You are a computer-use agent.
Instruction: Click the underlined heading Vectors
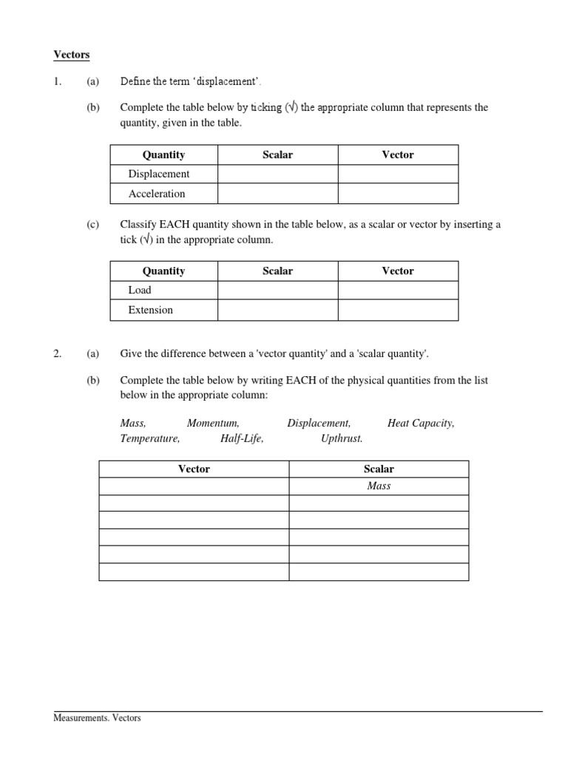(72, 55)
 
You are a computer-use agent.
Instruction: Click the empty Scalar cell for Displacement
(277, 174)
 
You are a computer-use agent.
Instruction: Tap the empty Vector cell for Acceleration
(398, 194)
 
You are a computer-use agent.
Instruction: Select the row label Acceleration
(157, 194)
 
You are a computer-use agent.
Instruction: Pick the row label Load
(140, 291)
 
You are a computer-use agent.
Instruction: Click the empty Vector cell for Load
(398, 291)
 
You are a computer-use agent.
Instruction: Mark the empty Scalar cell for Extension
(277, 310)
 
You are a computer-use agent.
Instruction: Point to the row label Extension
(151, 310)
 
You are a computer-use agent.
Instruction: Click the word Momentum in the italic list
(213, 424)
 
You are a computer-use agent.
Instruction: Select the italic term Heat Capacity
(421, 424)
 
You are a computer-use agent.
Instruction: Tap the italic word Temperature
(149, 438)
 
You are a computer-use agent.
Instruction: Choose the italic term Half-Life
(242, 438)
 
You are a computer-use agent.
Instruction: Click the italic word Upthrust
(342, 438)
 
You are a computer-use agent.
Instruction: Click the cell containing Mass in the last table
(379, 486)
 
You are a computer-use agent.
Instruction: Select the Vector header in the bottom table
(194, 469)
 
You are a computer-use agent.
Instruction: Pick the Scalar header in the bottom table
(379, 469)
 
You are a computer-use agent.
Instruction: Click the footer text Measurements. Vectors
(97, 718)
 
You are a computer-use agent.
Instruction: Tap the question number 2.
(57, 354)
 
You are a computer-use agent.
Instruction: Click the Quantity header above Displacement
(163, 155)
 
